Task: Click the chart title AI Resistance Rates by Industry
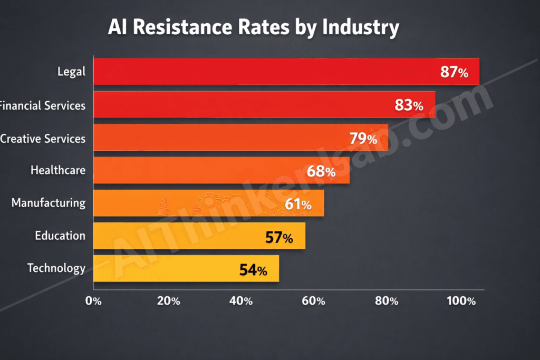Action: (x=253, y=27)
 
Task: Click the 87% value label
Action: (x=454, y=73)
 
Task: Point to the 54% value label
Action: (x=253, y=270)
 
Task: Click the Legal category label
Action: (x=71, y=72)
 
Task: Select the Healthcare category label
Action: (x=58, y=170)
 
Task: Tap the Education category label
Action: (x=60, y=236)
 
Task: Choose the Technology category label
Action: (x=56, y=268)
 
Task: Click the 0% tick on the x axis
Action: (x=93, y=301)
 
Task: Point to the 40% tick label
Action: (x=241, y=301)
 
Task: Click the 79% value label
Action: (x=363, y=139)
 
